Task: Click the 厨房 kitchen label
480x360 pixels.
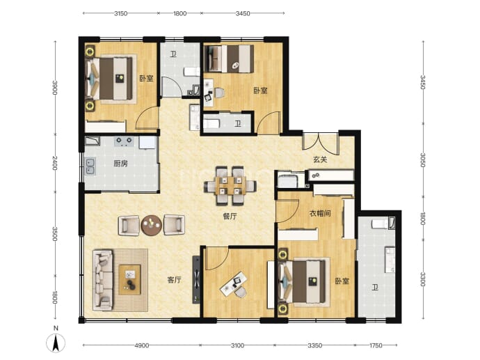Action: (x=120, y=164)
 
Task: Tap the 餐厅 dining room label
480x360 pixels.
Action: (x=230, y=217)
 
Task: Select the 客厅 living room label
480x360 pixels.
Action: (x=175, y=280)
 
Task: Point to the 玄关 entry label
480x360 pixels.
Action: (x=320, y=159)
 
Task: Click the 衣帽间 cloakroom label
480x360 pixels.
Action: (x=320, y=213)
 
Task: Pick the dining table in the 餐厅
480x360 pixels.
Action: (x=230, y=185)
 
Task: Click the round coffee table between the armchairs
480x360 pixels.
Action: (x=151, y=225)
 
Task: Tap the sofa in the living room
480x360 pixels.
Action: (x=103, y=279)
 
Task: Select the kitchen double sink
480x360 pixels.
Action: (x=90, y=166)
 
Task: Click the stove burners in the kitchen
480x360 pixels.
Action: (x=124, y=141)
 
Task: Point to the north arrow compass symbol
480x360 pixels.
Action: (x=56, y=343)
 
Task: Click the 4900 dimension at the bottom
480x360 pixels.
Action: (x=141, y=345)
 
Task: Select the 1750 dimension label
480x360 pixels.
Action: (x=376, y=345)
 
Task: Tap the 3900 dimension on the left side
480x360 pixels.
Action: (x=55, y=87)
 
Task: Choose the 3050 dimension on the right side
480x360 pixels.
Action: (x=423, y=160)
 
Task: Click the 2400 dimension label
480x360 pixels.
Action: (x=55, y=163)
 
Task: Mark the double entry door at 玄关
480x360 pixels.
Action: (x=320, y=141)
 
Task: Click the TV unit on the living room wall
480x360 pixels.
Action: (x=196, y=279)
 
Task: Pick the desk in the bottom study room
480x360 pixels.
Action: (x=234, y=285)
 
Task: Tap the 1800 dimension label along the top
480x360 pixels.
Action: (x=179, y=13)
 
